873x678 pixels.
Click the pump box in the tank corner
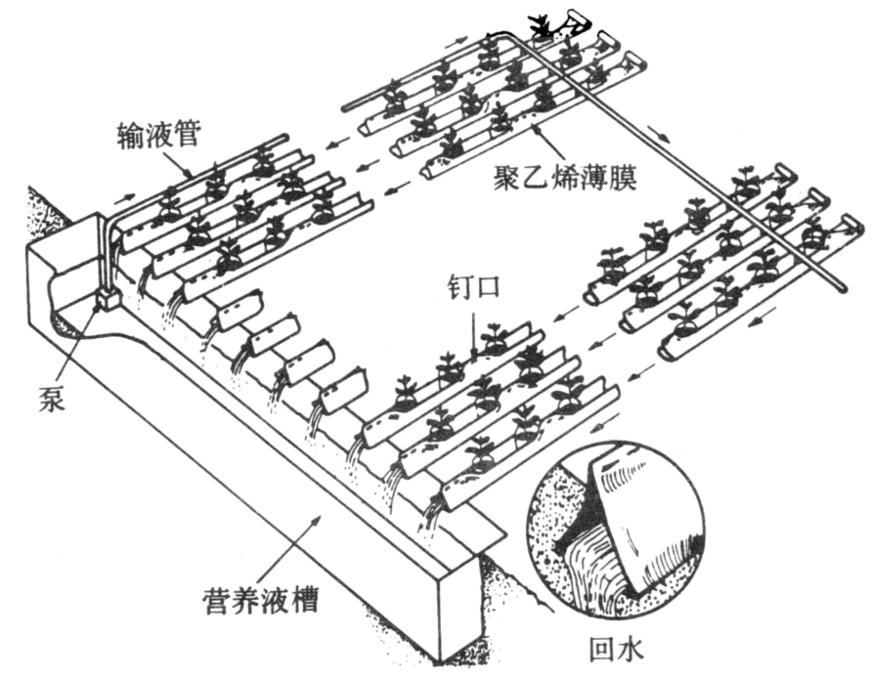(107, 296)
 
